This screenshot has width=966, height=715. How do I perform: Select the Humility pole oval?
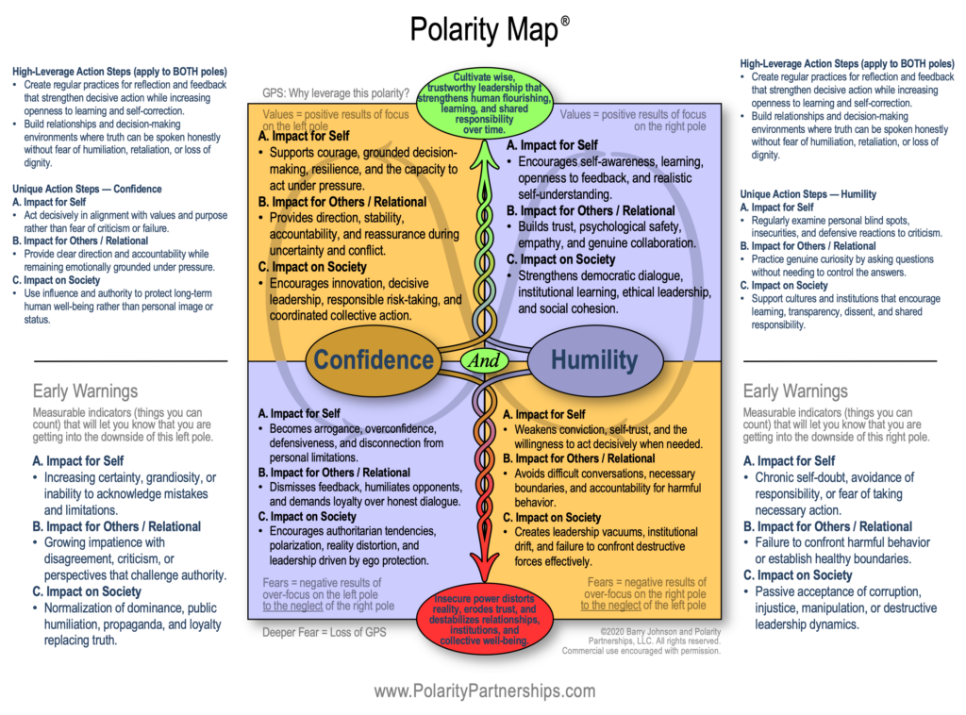(x=593, y=359)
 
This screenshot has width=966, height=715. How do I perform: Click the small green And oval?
(x=482, y=359)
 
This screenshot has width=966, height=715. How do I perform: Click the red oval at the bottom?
(x=482, y=620)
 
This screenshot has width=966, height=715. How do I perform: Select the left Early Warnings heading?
(x=85, y=391)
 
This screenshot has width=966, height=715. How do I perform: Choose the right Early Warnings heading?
(x=795, y=391)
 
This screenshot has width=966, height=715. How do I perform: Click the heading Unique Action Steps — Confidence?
(x=87, y=189)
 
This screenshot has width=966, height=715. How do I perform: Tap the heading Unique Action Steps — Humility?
(x=808, y=194)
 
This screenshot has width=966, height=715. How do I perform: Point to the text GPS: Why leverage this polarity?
(x=336, y=93)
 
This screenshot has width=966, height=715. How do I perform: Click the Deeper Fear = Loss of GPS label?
(x=324, y=631)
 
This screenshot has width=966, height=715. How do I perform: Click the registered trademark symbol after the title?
(x=564, y=19)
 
